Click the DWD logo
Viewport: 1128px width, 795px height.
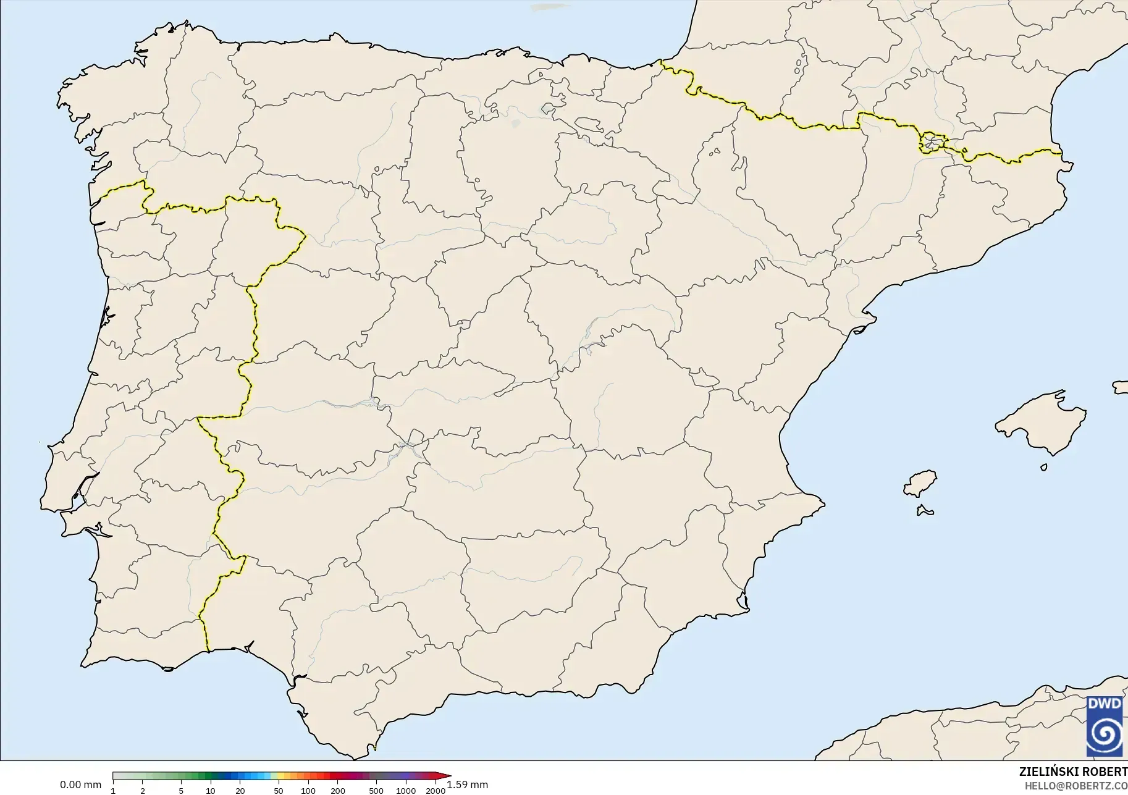pyautogui.click(x=1105, y=726)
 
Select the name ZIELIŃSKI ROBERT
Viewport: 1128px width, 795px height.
pyautogui.click(x=1073, y=772)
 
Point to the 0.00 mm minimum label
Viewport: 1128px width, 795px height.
pyautogui.click(x=80, y=785)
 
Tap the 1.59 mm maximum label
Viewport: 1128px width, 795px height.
pyautogui.click(x=468, y=785)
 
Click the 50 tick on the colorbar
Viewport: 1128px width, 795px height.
pyautogui.click(x=279, y=790)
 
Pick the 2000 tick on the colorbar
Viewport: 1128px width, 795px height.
pyautogui.click(x=436, y=790)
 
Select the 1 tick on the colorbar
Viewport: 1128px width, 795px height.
pyautogui.click(x=113, y=790)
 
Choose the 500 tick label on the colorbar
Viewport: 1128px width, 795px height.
pyautogui.click(x=376, y=790)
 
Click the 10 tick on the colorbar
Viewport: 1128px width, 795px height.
pyautogui.click(x=211, y=790)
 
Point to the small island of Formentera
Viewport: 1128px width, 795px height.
pyautogui.click(x=925, y=510)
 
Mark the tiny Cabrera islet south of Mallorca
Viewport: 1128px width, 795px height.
pyautogui.click(x=1044, y=468)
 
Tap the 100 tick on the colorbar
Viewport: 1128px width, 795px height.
pyautogui.click(x=308, y=790)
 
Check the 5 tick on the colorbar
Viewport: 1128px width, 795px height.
pyautogui.click(x=181, y=790)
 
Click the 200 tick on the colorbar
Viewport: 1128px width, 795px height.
pyautogui.click(x=338, y=790)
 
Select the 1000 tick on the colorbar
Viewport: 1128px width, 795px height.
pyautogui.click(x=406, y=790)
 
